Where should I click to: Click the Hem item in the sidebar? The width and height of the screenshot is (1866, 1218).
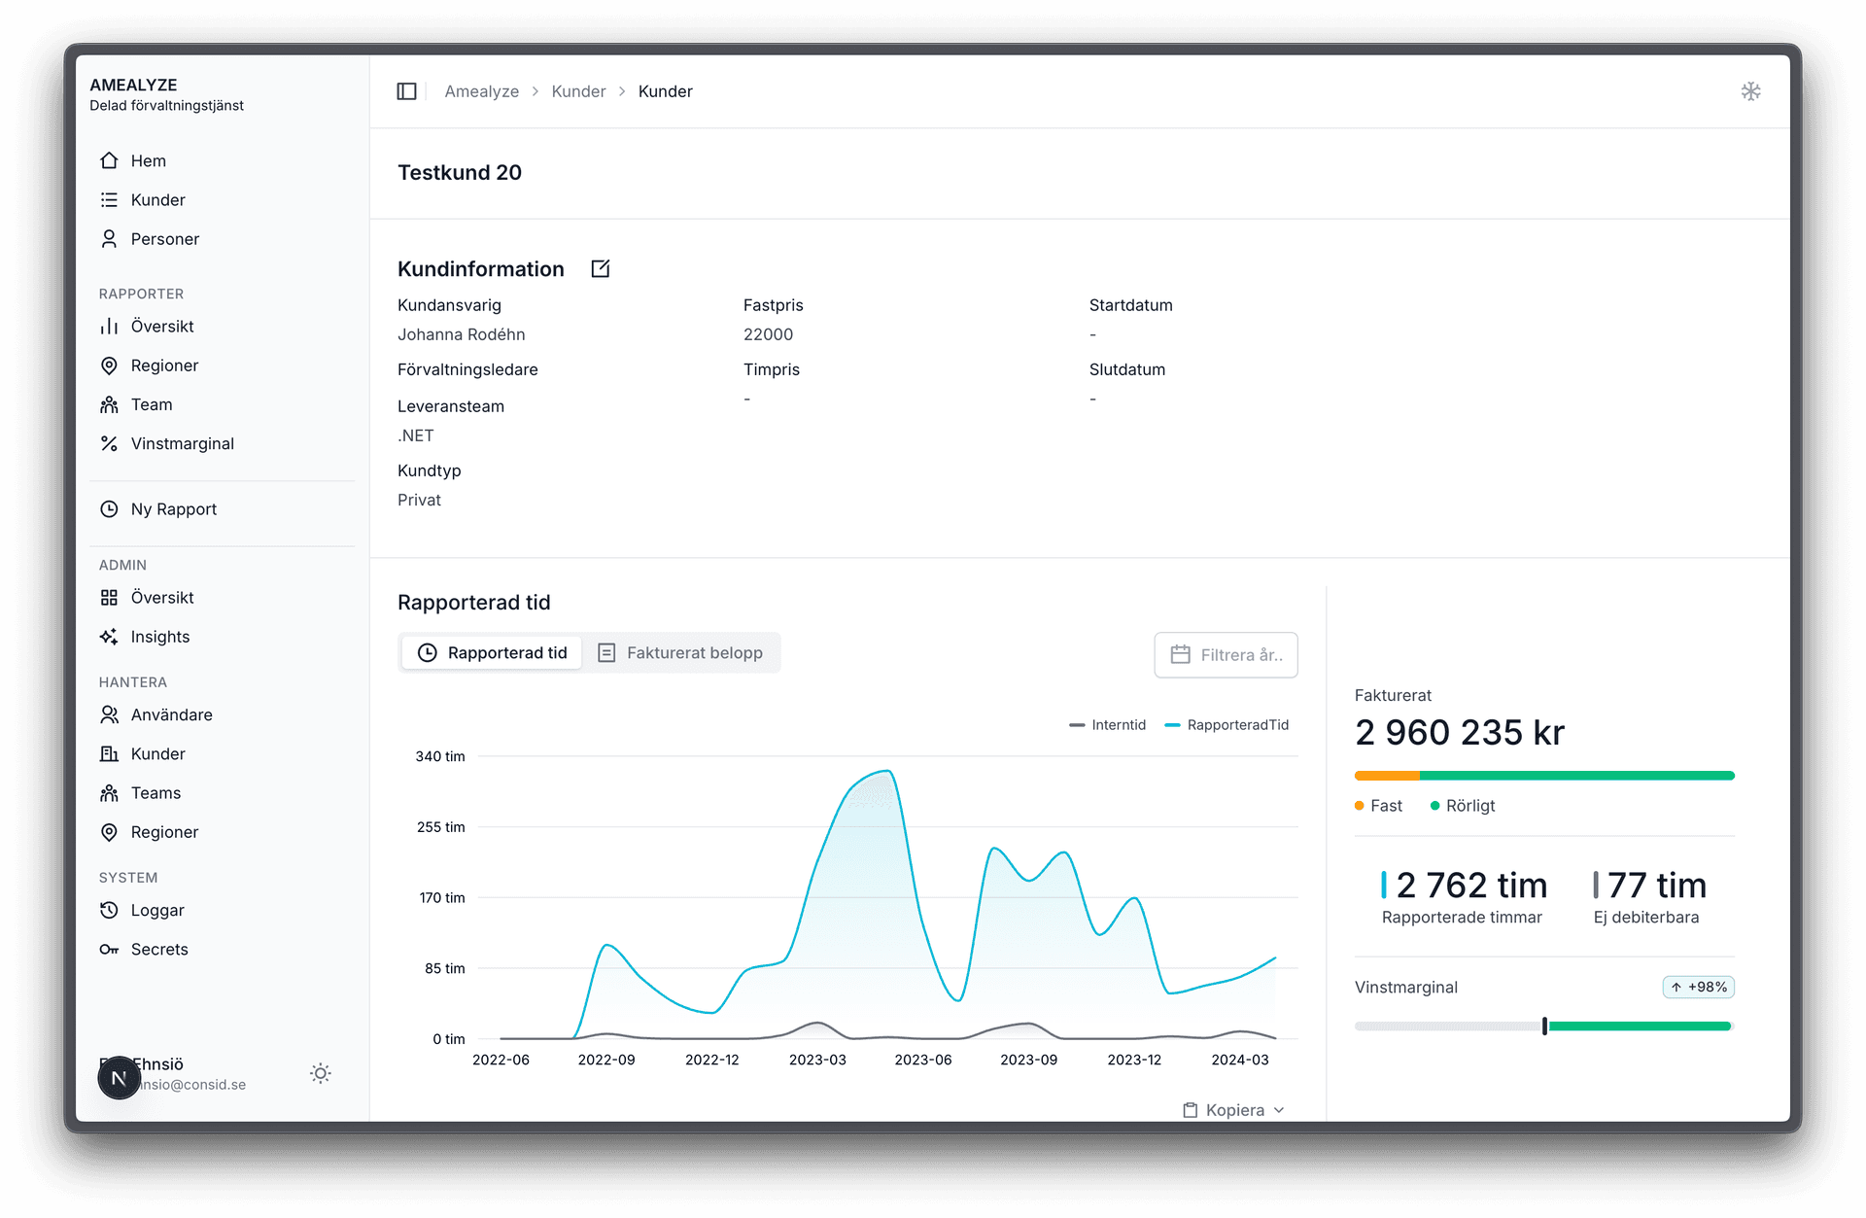pos(148,161)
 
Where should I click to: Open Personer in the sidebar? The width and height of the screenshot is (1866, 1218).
pos(164,239)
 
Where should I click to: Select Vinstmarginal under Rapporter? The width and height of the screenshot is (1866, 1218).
pos(182,444)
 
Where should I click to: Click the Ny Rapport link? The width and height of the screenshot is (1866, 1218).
pos(173,509)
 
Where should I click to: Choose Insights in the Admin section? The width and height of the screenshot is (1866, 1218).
pos(159,637)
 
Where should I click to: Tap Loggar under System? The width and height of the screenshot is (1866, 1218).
pos(156,911)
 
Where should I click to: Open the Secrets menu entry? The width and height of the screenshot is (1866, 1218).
pos(158,950)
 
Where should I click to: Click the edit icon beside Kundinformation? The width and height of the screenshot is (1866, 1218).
pos(601,269)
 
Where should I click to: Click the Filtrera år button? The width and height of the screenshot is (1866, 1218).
pos(1226,655)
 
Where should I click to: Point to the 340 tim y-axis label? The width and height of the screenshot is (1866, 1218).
pos(440,756)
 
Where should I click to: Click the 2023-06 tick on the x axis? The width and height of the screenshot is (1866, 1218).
pos(922,1060)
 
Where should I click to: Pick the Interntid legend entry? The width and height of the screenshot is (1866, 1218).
pos(1108,725)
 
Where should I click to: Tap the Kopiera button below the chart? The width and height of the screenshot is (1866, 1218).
pos(1233,1110)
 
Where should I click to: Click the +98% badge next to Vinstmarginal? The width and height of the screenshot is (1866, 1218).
pos(1698,988)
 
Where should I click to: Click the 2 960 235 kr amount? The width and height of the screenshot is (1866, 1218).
pos(1459,733)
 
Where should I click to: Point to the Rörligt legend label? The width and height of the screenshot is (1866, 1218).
pos(1469,806)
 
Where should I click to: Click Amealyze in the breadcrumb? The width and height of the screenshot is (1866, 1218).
pos(481,91)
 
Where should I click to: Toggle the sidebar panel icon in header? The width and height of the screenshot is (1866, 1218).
pos(407,91)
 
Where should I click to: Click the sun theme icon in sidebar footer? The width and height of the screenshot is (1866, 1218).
pos(321,1073)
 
